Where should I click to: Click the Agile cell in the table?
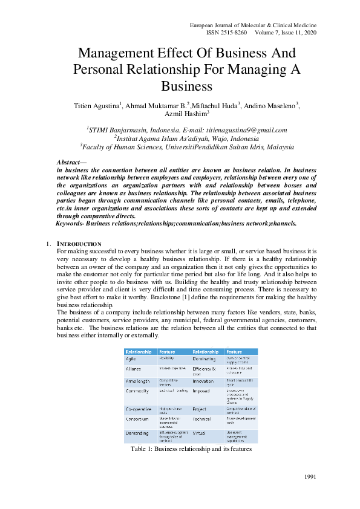(x=133, y=359)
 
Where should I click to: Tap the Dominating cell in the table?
(x=204, y=359)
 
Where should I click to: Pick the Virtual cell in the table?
(x=199, y=433)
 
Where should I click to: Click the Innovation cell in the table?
(x=203, y=381)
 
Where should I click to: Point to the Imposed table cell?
(x=201, y=391)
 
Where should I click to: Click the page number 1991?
(x=310, y=478)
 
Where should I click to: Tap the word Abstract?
(x=70, y=163)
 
